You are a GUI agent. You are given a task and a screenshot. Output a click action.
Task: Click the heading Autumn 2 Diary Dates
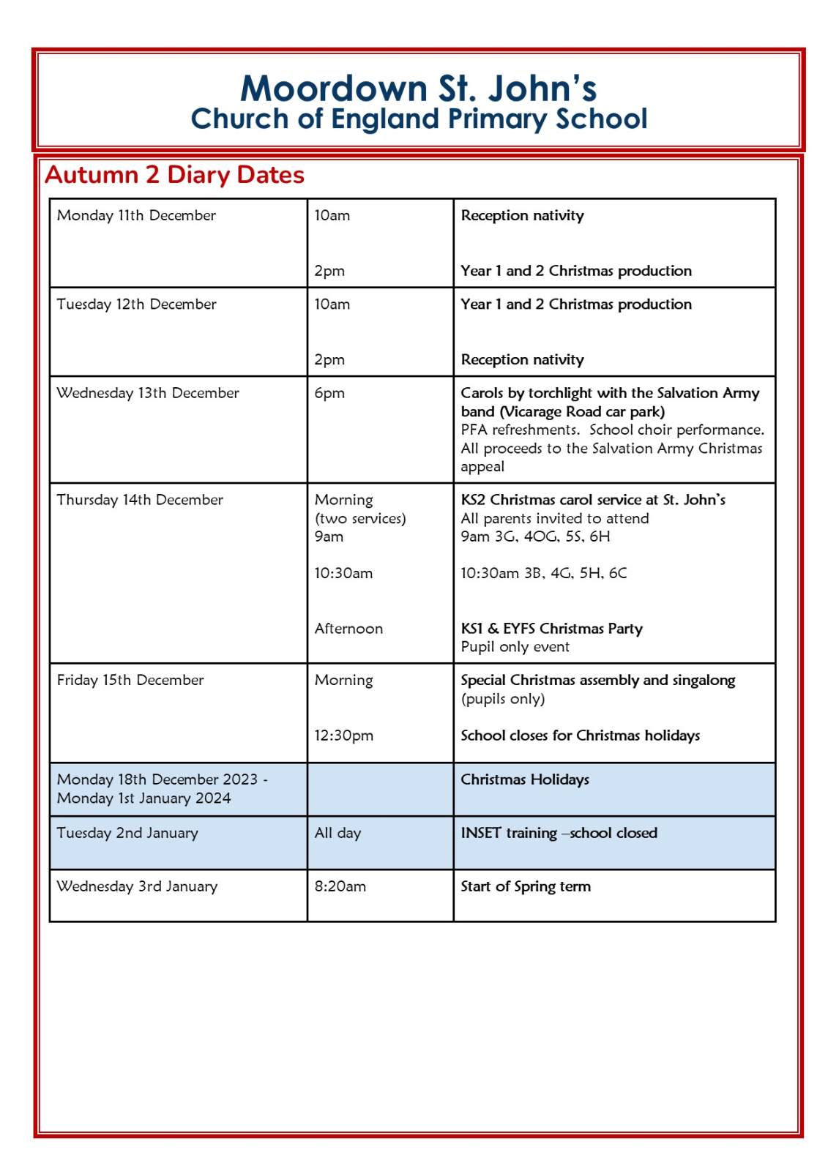[x=174, y=175]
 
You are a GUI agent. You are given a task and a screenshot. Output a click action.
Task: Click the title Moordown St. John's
[x=418, y=89]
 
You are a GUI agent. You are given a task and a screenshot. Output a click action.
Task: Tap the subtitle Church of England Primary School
[x=418, y=119]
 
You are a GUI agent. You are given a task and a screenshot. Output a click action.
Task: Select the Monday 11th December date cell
[x=136, y=215]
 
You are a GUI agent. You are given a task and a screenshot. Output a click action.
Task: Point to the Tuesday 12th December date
[x=136, y=304]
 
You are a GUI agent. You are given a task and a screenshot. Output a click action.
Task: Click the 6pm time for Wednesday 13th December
[x=329, y=393]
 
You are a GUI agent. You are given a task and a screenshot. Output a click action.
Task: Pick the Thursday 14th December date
[x=140, y=500]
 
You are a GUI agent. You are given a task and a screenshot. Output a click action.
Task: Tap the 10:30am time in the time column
[x=343, y=573]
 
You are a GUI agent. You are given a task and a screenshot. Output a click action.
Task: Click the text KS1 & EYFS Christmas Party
[x=551, y=629]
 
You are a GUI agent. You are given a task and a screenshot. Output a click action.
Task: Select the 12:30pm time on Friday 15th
[x=343, y=736]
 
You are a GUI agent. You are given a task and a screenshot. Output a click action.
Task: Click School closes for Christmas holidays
[x=580, y=736]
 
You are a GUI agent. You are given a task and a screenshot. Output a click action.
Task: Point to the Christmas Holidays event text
[x=524, y=779]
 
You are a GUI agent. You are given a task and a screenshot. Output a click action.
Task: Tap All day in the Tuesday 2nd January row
[x=337, y=833]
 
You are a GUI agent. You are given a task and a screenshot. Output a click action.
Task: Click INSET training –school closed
[x=559, y=833]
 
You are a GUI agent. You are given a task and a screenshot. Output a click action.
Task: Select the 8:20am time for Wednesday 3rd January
[x=340, y=886]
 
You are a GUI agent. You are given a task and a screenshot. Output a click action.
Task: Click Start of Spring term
[x=525, y=886]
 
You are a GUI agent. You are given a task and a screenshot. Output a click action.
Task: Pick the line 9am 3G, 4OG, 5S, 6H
[x=535, y=536]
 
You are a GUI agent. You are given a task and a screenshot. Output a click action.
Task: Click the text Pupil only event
[x=515, y=647]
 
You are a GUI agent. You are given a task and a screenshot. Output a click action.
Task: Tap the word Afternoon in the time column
[x=348, y=629]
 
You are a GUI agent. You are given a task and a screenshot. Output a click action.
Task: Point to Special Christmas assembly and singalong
[x=597, y=680]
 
